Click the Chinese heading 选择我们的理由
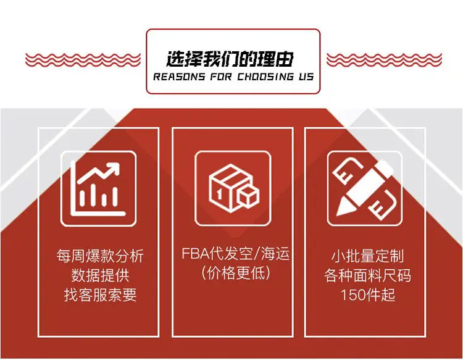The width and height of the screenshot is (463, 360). [230, 59]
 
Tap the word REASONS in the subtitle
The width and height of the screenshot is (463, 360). [179, 77]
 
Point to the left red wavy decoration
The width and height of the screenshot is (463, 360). [83, 60]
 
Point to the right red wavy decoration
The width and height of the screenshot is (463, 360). [384, 60]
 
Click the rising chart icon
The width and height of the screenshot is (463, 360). [98, 189]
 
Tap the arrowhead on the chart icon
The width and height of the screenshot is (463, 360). [114, 169]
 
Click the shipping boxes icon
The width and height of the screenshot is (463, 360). [233, 188]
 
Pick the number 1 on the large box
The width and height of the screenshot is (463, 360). [219, 195]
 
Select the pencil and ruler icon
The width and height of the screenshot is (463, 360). [364, 189]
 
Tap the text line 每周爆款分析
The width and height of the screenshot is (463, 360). [100, 256]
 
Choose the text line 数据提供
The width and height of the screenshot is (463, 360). [100, 275]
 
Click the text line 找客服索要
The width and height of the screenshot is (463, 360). [100, 295]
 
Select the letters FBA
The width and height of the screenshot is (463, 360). [195, 254]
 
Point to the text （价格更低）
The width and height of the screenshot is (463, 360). [236, 272]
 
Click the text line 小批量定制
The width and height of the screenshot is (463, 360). [368, 256]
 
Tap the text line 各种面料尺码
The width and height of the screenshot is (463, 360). [368, 275]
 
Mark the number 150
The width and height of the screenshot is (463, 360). [353, 295]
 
